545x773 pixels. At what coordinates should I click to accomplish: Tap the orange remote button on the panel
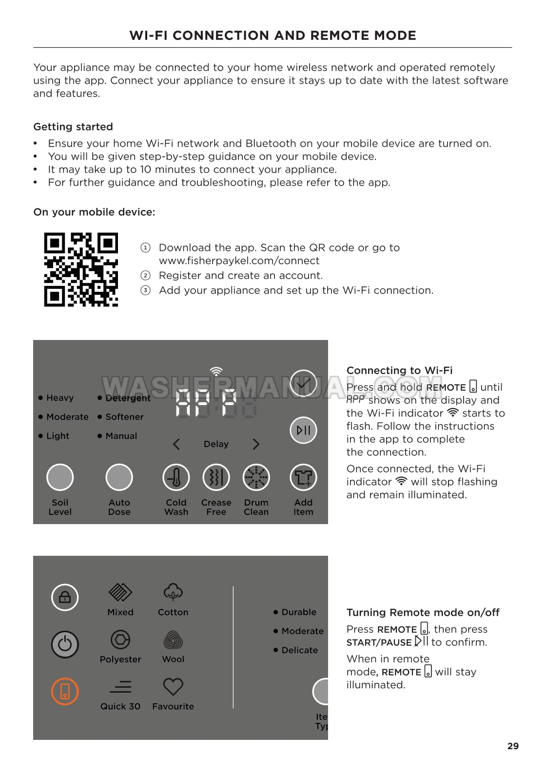pyautogui.click(x=65, y=691)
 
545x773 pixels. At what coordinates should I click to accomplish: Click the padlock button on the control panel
pyautogui.click(x=65, y=597)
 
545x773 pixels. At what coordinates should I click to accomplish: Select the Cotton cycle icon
pyautogui.click(x=173, y=592)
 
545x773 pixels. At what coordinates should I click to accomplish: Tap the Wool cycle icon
pyautogui.click(x=173, y=640)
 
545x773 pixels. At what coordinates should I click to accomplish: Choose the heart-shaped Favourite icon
pyautogui.click(x=173, y=687)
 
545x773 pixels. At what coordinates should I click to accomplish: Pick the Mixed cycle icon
pyautogui.click(x=120, y=592)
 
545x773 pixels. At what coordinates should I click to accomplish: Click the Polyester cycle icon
pyautogui.click(x=120, y=640)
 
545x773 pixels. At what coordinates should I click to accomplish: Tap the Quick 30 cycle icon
pyautogui.click(x=120, y=687)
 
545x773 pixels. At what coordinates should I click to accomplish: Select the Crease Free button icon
pyautogui.click(x=216, y=477)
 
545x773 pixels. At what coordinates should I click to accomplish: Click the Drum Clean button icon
pyautogui.click(x=256, y=477)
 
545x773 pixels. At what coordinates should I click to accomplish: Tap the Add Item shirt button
pyautogui.click(x=303, y=477)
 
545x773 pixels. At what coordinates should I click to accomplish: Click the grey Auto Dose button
pyautogui.click(x=119, y=477)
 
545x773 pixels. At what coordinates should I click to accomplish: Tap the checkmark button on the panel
pyautogui.click(x=303, y=383)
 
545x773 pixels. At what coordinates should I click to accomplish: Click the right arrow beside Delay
pyautogui.click(x=256, y=444)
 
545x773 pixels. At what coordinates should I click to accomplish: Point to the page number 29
pyautogui.click(x=513, y=746)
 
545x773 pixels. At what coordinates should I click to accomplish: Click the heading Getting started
pyautogui.click(x=73, y=127)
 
